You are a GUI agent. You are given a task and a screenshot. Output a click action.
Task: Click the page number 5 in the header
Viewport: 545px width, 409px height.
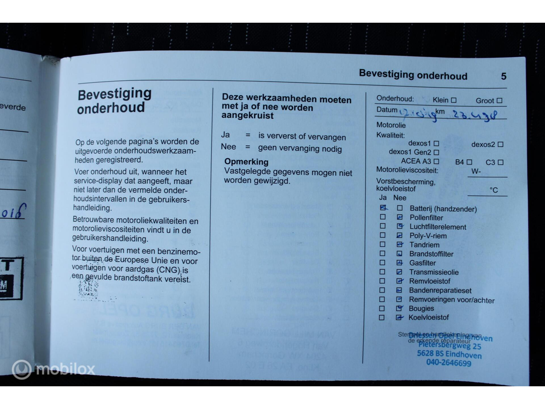point(504,76)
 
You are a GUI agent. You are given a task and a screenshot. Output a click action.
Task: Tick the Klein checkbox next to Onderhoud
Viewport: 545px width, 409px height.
point(454,100)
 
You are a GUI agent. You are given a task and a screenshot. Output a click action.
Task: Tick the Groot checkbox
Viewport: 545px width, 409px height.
point(500,101)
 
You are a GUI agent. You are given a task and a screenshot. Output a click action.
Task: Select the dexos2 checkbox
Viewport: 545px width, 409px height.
point(500,145)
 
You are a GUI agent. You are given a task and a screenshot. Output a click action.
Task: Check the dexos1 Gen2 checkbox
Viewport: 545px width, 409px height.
point(436,153)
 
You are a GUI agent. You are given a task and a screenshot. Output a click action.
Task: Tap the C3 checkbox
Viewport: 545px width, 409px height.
point(501,162)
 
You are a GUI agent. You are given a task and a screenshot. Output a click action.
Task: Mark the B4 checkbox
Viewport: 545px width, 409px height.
point(469,162)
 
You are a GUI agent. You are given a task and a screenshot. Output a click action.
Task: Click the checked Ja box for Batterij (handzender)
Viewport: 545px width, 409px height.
point(383,208)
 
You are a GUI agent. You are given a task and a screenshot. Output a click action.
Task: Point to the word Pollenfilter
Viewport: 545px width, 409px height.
point(426,218)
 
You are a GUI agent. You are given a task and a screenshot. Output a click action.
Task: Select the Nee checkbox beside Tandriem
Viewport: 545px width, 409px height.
point(400,245)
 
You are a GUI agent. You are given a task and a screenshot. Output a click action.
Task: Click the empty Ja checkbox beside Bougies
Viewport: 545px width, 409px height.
point(382,308)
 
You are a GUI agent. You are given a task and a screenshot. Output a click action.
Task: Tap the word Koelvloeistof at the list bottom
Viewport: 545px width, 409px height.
point(429,318)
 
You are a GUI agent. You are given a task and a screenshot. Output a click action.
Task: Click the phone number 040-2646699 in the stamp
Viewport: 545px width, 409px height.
point(448,363)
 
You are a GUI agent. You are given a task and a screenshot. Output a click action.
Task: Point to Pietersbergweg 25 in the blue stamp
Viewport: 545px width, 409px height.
point(450,346)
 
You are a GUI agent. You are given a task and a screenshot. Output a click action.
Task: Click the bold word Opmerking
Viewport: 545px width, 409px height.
point(246,162)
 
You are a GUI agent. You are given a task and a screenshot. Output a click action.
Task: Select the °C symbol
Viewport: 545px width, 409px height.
point(494,190)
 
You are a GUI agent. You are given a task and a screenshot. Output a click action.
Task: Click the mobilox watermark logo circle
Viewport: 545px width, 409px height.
point(22,370)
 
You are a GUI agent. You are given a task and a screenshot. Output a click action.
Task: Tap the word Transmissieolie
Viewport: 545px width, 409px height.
point(434,272)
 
